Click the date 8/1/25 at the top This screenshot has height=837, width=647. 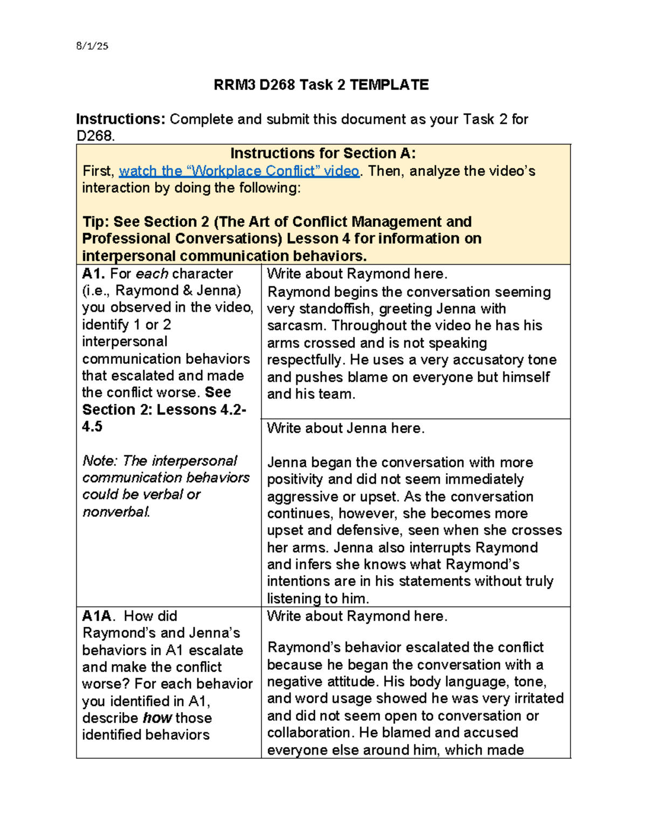click(92, 46)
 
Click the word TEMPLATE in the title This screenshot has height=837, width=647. click(389, 85)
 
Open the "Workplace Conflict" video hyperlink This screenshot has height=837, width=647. click(239, 171)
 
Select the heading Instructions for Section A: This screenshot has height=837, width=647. click(323, 154)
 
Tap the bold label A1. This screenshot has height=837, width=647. click(94, 274)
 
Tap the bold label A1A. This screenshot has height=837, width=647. click(97, 616)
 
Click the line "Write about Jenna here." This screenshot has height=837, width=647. click(346, 428)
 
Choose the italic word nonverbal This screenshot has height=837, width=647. click(115, 512)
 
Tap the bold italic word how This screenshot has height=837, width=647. click(157, 718)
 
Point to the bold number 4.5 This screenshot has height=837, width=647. click(92, 427)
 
